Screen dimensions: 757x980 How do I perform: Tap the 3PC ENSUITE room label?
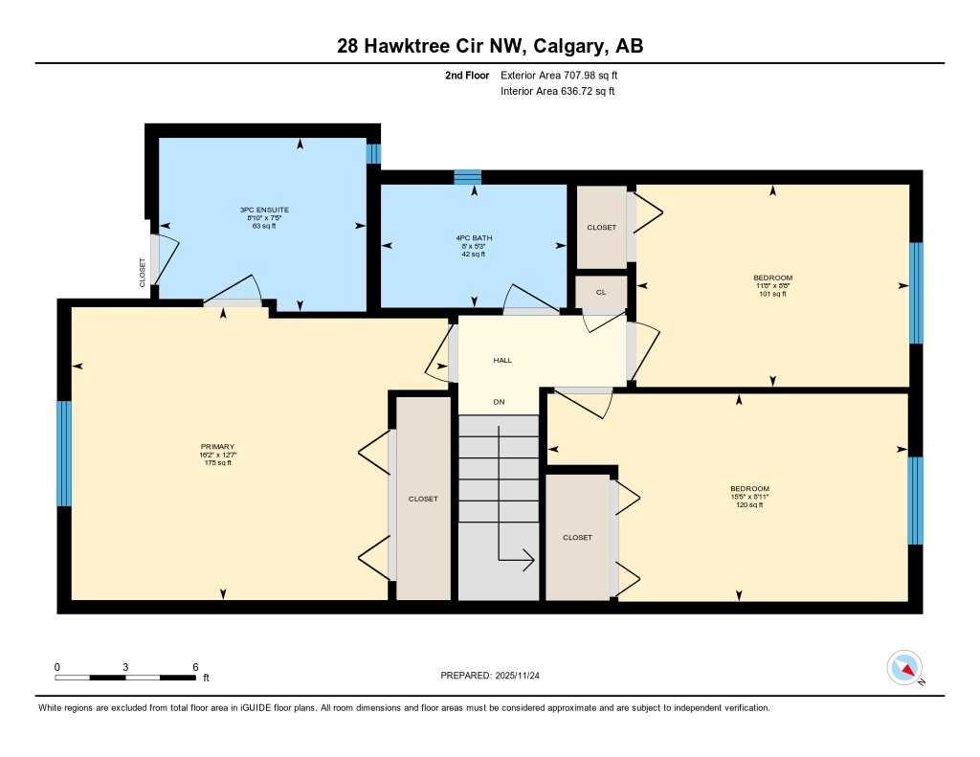(x=265, y=210)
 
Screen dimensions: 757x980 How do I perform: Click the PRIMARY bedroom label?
(x=217, y=446)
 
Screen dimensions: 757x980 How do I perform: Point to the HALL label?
(x=502, y=361)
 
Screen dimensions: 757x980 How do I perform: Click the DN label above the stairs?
(x=499, y=402)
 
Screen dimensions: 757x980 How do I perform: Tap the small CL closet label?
(x=601, y=292)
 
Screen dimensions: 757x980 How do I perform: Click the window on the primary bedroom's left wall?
(x=64, y=454)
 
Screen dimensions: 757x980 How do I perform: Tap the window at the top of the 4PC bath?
(x=467, y=176)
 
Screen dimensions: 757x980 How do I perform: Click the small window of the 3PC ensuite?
(x=374, y=153)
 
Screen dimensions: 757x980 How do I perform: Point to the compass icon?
(x=904, y=667)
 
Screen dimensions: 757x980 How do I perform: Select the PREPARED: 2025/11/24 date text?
(x=496, y=676)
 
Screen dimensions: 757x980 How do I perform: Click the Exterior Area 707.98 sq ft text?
(x=566, y=75)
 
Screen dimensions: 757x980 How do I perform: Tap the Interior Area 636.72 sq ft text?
(x=557, y=92)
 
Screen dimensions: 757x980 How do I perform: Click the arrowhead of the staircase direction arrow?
(x=528, y=561)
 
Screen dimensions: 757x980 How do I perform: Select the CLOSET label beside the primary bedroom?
(x=423, y=499)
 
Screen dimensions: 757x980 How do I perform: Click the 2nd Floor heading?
(x=467, y=75)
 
